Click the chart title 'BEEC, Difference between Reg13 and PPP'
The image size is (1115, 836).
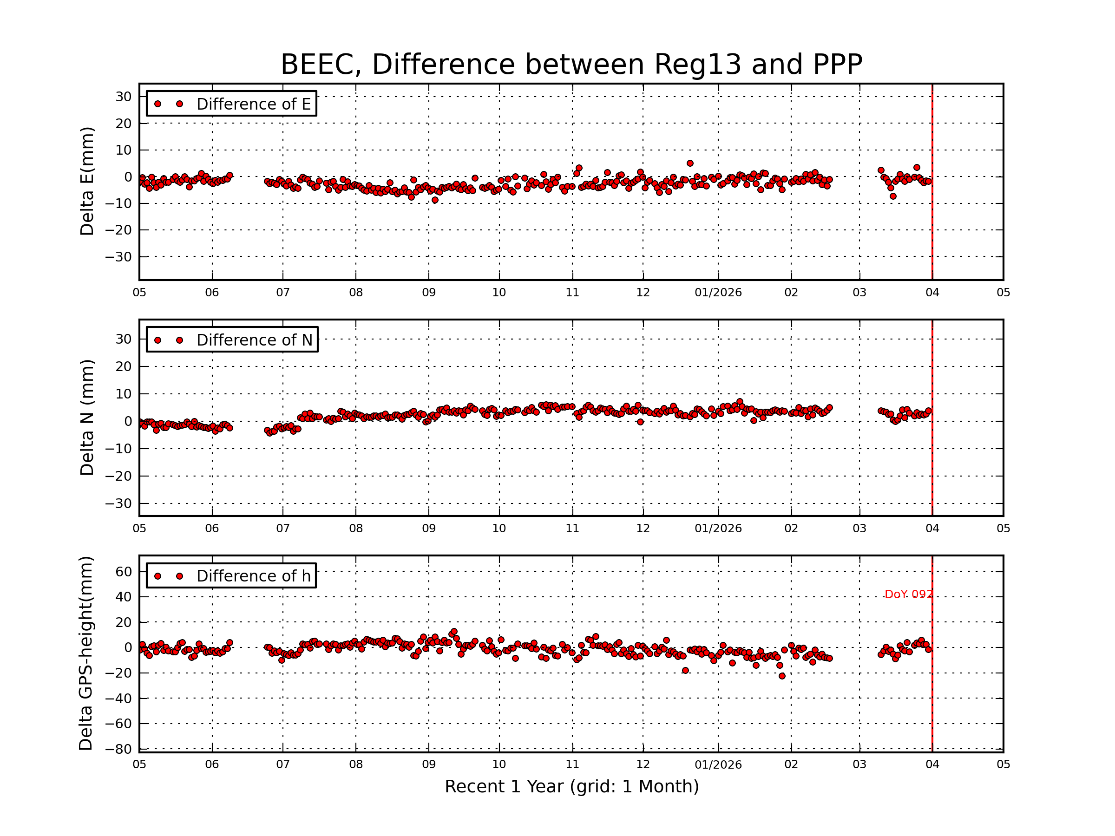571,65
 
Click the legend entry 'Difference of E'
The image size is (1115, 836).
253,104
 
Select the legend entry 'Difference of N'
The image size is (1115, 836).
254,340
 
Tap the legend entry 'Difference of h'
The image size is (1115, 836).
253,576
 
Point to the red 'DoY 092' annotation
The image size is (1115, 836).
908,594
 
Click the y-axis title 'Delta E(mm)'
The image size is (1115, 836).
87,182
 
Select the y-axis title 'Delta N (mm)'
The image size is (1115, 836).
87,418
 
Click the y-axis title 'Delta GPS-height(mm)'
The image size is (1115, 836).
85,653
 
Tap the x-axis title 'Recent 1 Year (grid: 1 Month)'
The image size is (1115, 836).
571,787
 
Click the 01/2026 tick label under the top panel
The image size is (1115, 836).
718,293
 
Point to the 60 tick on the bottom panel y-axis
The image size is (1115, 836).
124,571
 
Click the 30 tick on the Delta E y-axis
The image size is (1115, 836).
124,97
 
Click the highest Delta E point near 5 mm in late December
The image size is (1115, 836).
690,163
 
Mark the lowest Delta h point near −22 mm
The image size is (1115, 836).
782,676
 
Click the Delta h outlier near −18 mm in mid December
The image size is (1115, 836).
686,671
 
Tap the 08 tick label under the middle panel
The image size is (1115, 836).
356,529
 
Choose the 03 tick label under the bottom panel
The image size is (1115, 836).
859,764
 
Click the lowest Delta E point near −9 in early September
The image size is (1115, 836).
435,200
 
